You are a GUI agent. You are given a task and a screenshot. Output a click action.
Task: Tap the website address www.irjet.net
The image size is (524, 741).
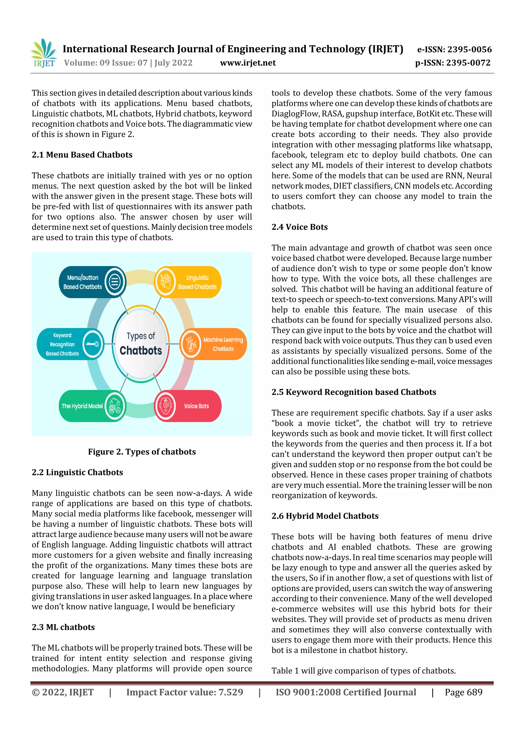248,63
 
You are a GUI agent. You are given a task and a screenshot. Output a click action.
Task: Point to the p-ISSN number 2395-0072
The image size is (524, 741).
453,63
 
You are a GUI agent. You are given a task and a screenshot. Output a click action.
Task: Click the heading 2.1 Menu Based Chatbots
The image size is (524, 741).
82,155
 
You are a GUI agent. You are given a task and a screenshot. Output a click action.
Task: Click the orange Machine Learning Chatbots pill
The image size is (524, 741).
213,344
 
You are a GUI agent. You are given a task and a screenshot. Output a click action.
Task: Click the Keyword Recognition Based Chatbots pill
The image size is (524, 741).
70,344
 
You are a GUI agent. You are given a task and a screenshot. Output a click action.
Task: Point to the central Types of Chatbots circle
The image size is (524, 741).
141,344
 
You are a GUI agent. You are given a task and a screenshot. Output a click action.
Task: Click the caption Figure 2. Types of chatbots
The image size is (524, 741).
142,452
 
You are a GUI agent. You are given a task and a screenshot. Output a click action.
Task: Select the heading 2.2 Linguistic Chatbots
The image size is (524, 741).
77,472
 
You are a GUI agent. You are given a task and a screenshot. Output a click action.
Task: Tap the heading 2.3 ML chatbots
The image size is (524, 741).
63,627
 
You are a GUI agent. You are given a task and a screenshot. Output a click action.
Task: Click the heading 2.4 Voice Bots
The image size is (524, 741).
299,227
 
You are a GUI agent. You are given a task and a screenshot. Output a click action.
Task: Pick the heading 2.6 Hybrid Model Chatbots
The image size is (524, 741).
325,516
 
